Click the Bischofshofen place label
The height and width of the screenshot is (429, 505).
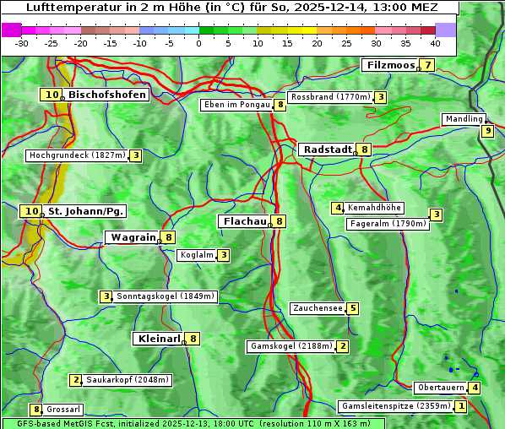point(107,95)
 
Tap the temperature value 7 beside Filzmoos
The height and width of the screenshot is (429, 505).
point(428,65)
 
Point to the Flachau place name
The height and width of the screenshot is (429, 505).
point(243,221)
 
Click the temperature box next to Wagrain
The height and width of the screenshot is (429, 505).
point(169,238)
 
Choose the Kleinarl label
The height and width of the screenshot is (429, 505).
point(158,339)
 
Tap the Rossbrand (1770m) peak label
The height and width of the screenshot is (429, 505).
point(330,97)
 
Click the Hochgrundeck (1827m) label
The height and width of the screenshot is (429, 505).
point(77,155)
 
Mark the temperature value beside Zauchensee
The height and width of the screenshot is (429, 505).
point(353,308)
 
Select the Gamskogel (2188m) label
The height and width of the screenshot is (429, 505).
point(291,346)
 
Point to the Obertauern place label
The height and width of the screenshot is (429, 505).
point(441,388)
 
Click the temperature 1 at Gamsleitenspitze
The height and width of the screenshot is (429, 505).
point(461,406)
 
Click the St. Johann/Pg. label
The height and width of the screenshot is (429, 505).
point(86,211)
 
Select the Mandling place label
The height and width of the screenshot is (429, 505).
point(464,119)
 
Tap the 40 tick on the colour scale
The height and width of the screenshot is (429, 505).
point(435,42)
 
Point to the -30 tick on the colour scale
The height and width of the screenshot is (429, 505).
point(22,42)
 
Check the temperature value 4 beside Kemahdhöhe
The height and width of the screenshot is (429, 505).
point(338,208)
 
